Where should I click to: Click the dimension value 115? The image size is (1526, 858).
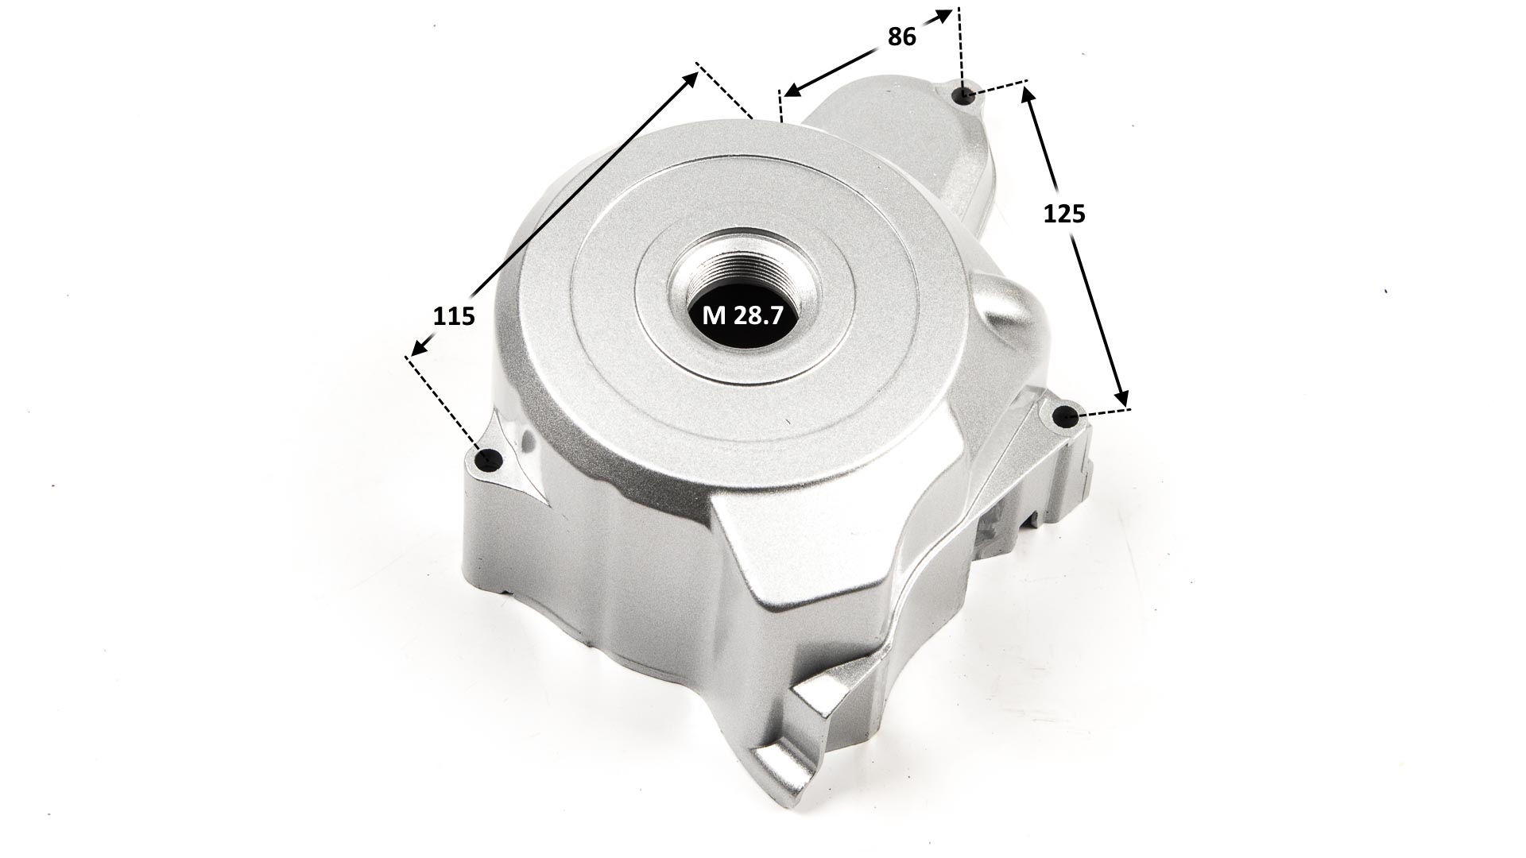(454, 315)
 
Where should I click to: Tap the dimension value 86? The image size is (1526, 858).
(901, 37)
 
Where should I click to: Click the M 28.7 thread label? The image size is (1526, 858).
(743, 315)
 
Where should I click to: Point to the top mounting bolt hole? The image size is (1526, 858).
(963, 95)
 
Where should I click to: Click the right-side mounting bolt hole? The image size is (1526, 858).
(1067, 415)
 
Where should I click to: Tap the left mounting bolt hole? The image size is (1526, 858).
(489, 459)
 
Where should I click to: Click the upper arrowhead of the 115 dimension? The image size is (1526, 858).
(691, 78)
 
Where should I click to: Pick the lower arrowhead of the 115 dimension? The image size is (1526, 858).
(418, 346)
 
